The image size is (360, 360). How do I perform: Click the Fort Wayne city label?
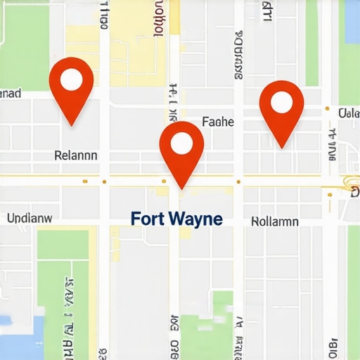click(x=176, y=219)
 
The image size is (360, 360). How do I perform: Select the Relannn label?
click(x=76, y=155)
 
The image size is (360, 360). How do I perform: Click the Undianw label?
click(x=30, y=218)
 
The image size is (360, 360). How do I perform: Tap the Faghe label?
click(x=217, y=122)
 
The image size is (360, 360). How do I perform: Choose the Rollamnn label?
click(x=274, y=221)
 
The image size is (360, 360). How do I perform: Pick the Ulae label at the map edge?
click(x=349, y=112)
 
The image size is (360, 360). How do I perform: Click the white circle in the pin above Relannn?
click(x=71, y=79)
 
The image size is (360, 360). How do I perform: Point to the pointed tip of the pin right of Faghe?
click(x=281, y=147)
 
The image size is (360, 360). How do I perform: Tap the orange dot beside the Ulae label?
click(x=327, y=109)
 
